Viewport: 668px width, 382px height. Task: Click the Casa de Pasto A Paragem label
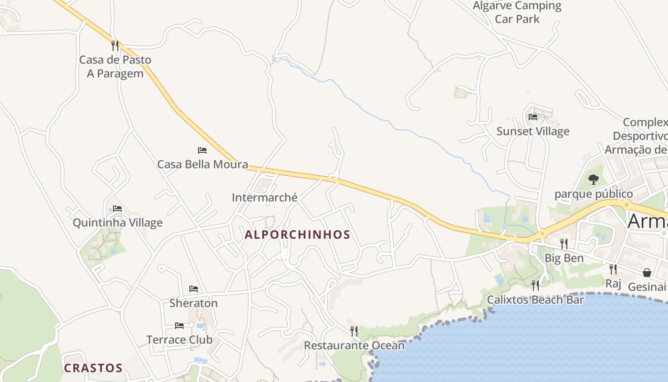(115, 66)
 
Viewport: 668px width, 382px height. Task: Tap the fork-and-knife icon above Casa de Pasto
(115, 45)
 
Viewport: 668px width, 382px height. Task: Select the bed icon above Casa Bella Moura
(202, 150)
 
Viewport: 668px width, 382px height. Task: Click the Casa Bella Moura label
(202, 165)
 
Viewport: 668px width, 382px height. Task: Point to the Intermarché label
(264, 197)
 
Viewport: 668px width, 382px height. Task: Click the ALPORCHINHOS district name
(297, 234)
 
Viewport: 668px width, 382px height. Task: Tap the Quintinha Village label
(117, 223)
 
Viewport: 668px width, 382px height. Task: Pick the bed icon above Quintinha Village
(117, 209)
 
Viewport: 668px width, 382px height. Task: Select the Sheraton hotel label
(193, 303)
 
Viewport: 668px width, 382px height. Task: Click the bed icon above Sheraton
(194, 289)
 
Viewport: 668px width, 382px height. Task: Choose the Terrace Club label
(179, 340)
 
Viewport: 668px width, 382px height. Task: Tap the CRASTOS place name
(93, 368)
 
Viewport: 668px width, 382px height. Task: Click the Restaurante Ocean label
(354, 345)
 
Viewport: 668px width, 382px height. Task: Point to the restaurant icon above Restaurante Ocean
(354, 331)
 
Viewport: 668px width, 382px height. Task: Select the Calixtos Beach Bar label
(535, 300)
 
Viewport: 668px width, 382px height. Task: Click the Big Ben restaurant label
(564, 258)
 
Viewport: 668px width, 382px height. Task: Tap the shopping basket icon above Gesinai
(647, 273)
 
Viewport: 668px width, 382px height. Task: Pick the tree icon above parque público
(594, 180)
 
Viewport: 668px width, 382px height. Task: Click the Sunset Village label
(533, 131)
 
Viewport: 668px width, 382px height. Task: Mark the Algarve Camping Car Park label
(517, 12)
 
